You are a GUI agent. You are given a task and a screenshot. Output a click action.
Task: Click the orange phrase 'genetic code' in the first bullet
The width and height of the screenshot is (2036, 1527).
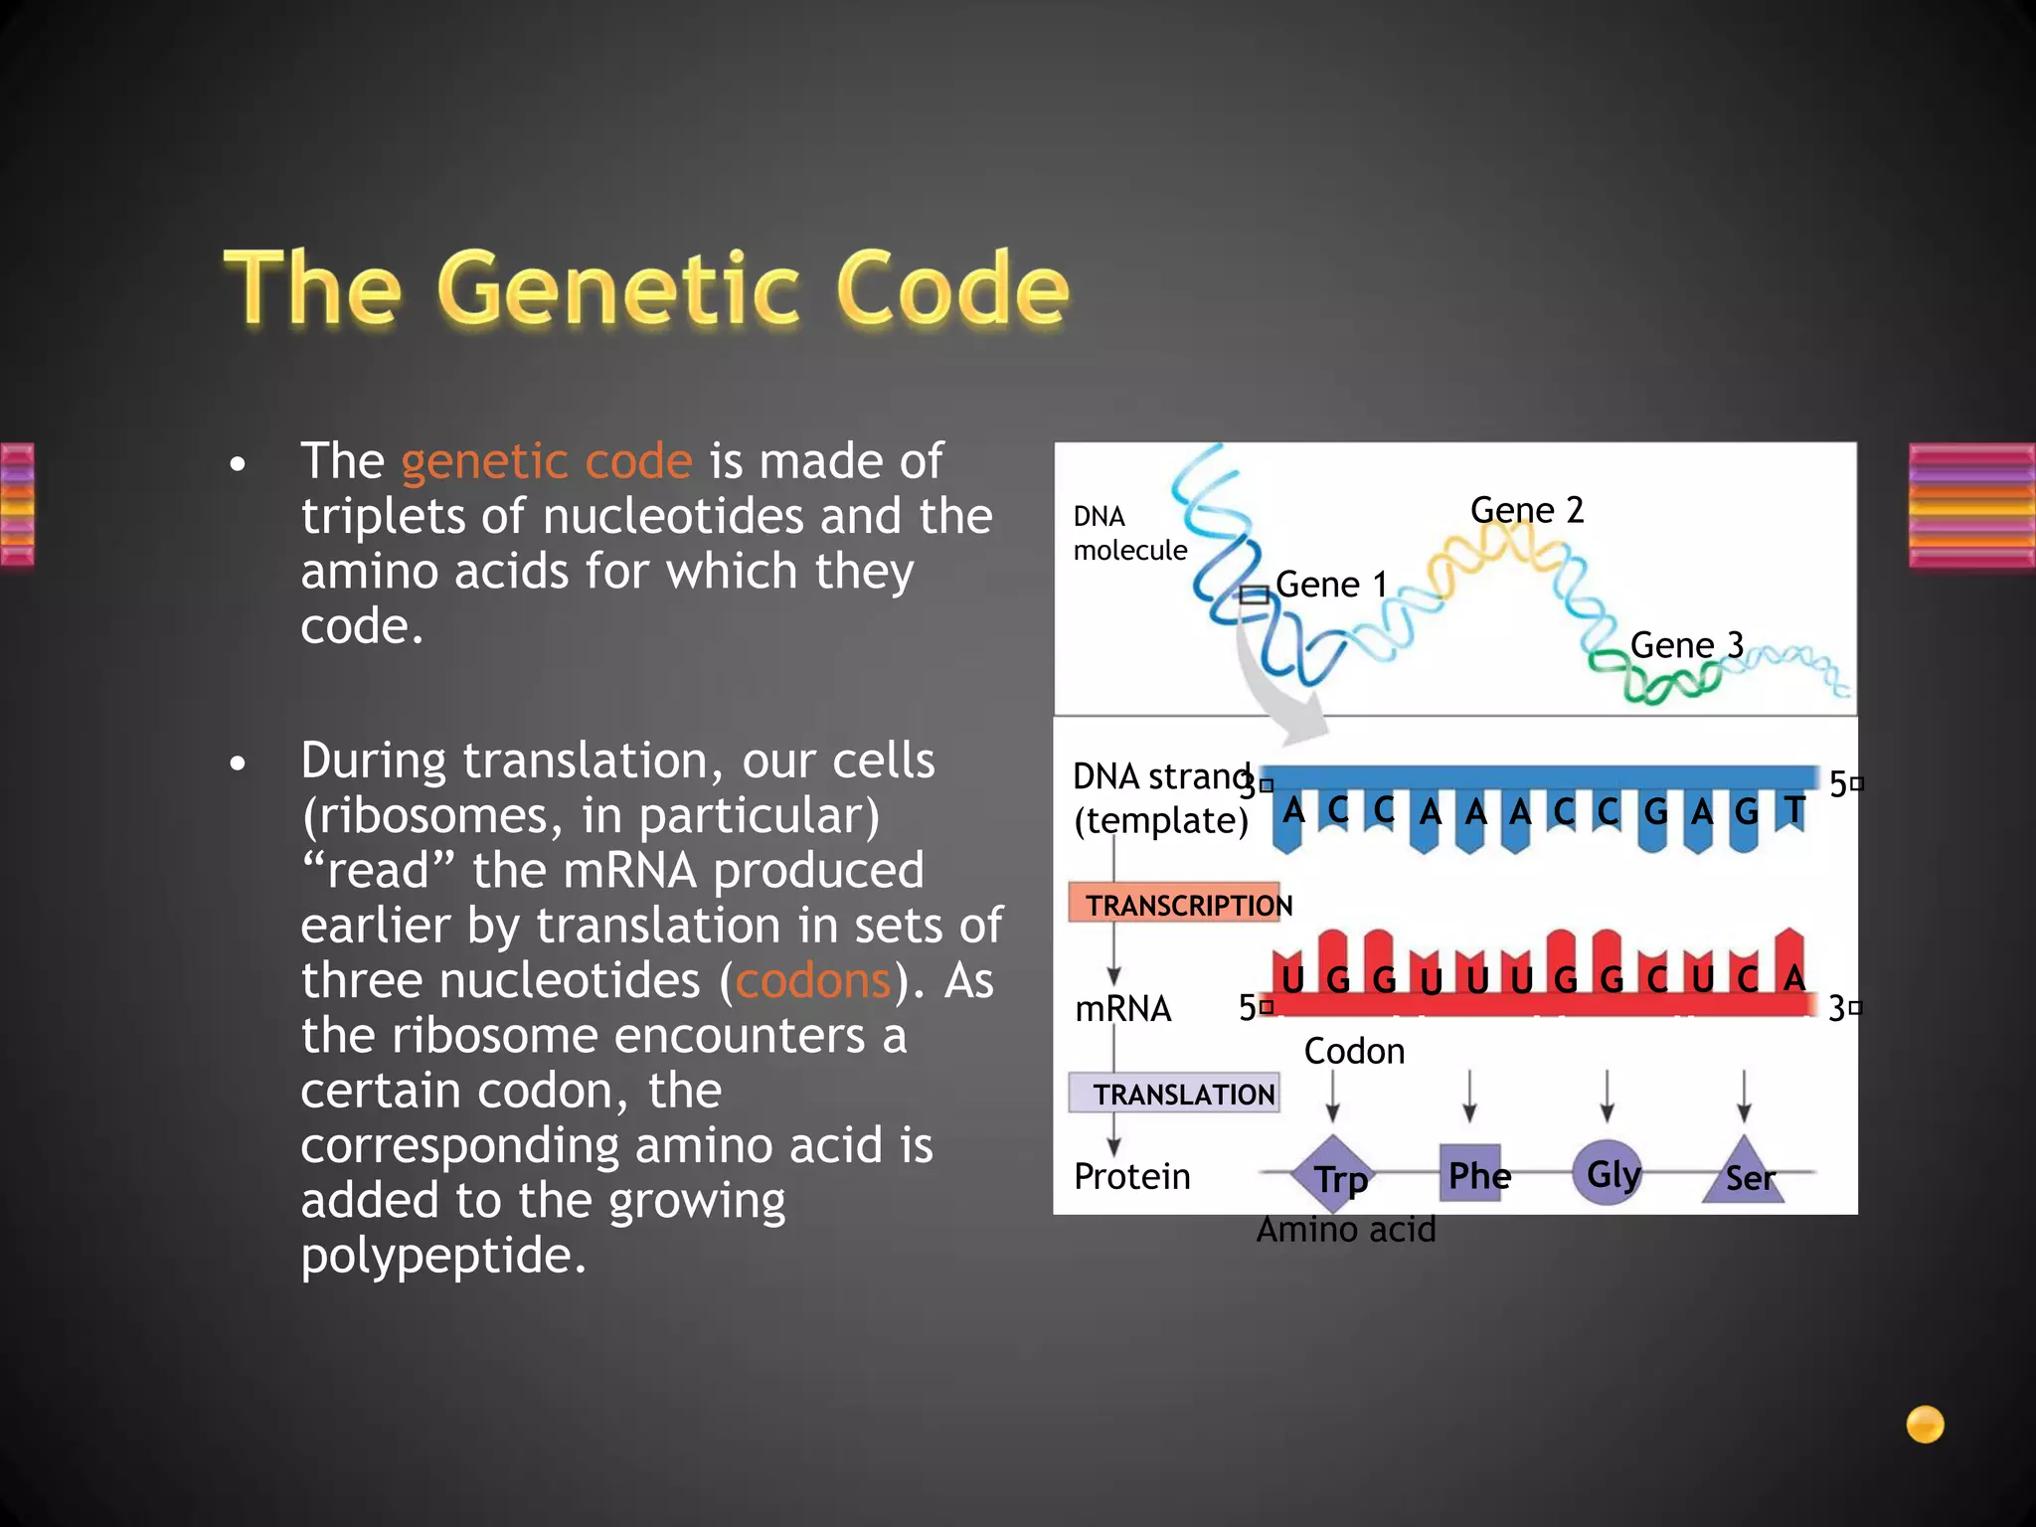click(547, 461)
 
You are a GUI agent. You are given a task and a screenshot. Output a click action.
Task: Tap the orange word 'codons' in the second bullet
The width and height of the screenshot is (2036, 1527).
click(812, 981)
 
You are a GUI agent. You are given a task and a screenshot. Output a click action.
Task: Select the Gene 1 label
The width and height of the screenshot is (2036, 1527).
click(1330, 585)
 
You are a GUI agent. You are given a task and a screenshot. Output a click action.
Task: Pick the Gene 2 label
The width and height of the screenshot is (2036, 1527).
click(1526, 510)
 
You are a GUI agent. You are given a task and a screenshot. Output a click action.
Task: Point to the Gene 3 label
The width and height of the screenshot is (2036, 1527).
click(1686, 645)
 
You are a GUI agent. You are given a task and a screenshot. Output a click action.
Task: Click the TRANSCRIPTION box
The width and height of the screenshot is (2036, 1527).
click(1176, 904)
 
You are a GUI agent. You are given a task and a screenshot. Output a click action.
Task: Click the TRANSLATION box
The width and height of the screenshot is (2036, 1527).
click(1174, 1094)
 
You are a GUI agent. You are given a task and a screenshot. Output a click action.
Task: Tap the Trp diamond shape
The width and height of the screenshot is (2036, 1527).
click(1335, 1175)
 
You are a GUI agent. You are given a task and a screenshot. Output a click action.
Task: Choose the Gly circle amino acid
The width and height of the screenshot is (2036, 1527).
click(1608, 1174)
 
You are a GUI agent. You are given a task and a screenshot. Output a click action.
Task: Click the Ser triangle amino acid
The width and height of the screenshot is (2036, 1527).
click(1746, 1176)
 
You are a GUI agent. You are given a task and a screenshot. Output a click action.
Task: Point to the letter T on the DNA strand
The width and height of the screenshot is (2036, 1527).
click(1793, 810)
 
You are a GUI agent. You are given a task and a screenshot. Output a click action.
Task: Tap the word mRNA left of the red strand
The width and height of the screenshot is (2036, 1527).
click(1123, 1009)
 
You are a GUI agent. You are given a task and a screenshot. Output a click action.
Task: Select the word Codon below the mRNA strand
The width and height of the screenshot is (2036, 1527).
click(1354, 1052)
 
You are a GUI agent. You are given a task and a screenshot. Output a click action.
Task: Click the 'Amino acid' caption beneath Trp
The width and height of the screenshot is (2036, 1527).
click(1346, 1230)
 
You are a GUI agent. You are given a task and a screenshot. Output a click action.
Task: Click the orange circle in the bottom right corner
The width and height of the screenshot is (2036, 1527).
click(1925, 1424)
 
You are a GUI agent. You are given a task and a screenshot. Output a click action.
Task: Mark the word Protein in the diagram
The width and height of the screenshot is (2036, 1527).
click(1131, 1177)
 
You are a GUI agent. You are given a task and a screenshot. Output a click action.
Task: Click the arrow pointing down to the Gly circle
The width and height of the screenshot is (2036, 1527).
click(1607, 1097)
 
